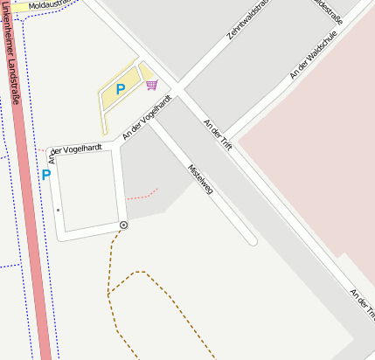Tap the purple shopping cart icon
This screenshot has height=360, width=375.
tap(152, 85)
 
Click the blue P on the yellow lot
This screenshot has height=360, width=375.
tap(121, 88)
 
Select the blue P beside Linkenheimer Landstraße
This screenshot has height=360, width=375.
tap(46, 175)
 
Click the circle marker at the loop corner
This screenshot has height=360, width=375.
tap(123, 225)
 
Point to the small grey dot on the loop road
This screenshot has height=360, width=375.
tap(59, 211)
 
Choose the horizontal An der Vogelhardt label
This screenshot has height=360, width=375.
tap(80, 149)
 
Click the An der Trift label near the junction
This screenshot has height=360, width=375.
tap(217, 135)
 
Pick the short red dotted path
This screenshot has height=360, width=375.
tap(142, 192)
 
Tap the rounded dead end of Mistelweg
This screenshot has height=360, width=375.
tap(252, 239)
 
